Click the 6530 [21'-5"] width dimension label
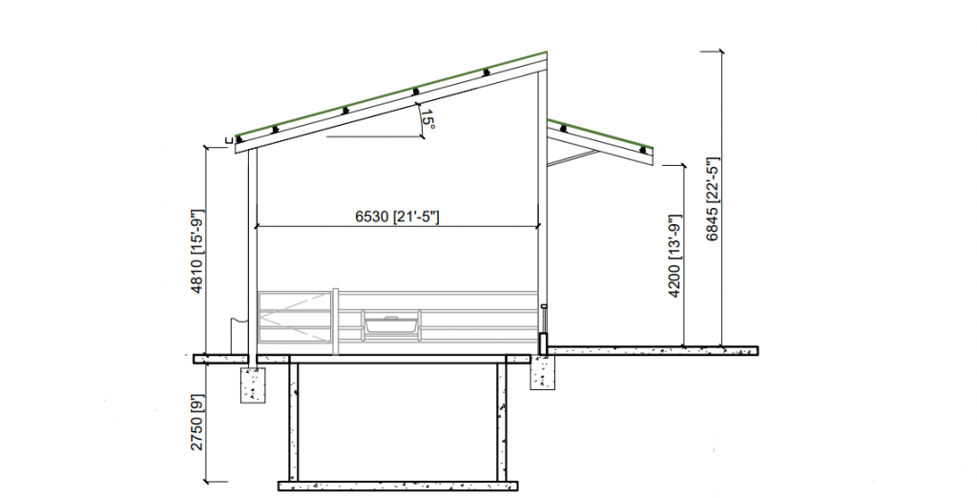(397, 217)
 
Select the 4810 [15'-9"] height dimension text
(197, 251)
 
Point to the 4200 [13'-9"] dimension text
(676, 257)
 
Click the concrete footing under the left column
(253, 385)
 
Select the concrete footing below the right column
(543, 373)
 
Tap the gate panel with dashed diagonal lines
(294, 317)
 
